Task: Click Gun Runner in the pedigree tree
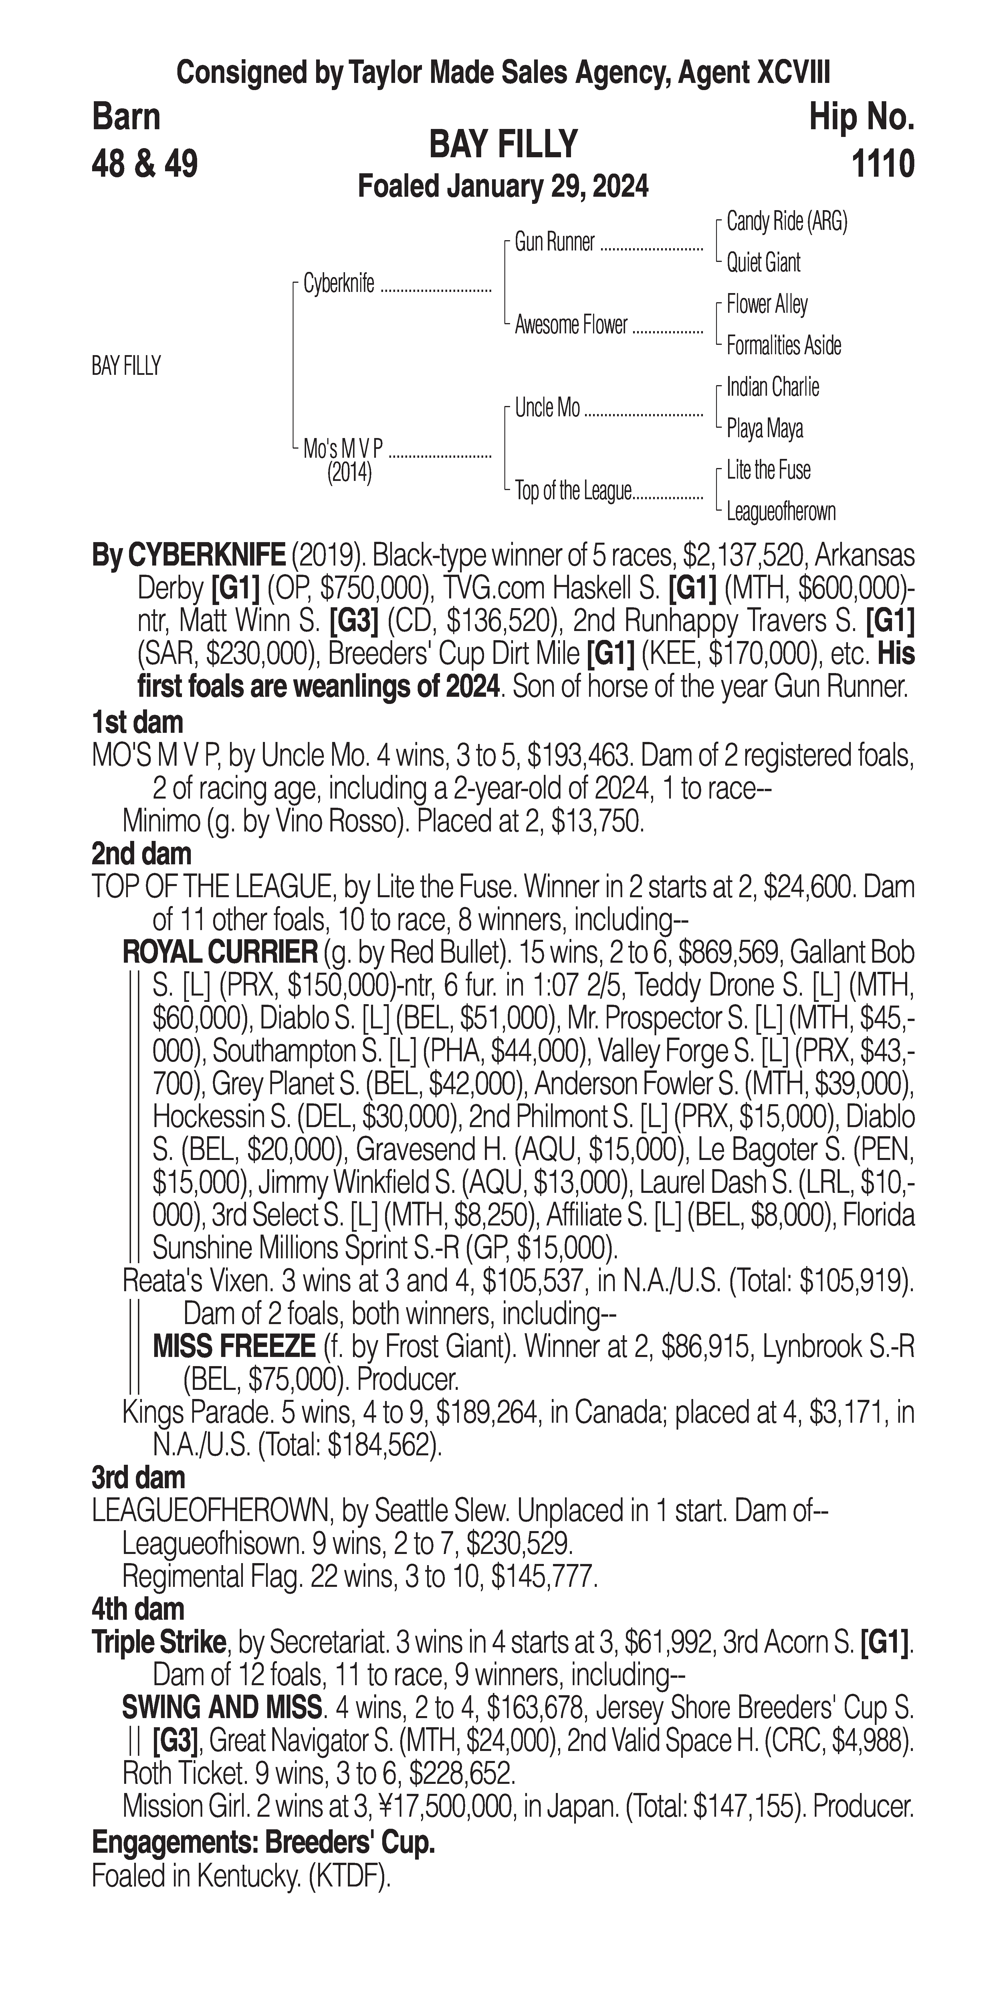tap(554, 243)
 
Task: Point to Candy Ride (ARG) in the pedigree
tap(786, 222)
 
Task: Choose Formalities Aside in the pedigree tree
tap(783, 346)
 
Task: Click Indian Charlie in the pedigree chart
tap(772, 387)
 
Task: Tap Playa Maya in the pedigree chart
tap(764, 428)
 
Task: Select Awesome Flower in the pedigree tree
tap(571, 325)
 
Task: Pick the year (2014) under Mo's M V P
tap(349, 474)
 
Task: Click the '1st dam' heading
tap(137, 723)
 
